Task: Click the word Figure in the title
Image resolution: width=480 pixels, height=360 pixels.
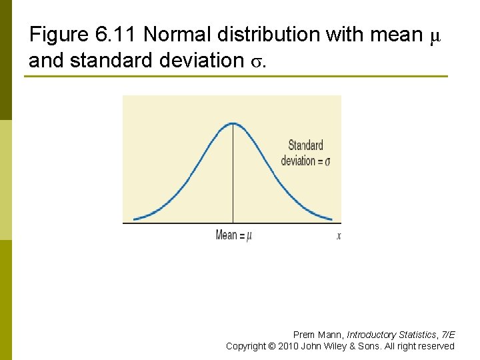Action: pyautogui.click(x=57, y=34)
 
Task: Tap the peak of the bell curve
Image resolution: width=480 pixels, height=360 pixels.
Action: pyautogui.click(x=233, y=123)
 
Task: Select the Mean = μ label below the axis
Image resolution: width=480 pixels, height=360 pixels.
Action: pyautogui.click(x=233, y=235)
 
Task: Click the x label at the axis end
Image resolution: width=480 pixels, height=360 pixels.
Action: pyautogui.click(x=339, y=235)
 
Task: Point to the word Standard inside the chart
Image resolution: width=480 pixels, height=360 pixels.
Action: pyautogui.click(x=305, y=145)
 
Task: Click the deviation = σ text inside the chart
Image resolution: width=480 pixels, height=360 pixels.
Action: pyautogui.click(x=305, y=161)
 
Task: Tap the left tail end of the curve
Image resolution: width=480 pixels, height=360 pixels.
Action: pyautogui.click(x=135, y=219)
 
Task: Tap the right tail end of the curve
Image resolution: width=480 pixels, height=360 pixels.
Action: pyautogui.click(x=331, y=219)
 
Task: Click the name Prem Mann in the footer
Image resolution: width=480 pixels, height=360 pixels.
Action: pyautogui.click(x=318, y=335)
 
